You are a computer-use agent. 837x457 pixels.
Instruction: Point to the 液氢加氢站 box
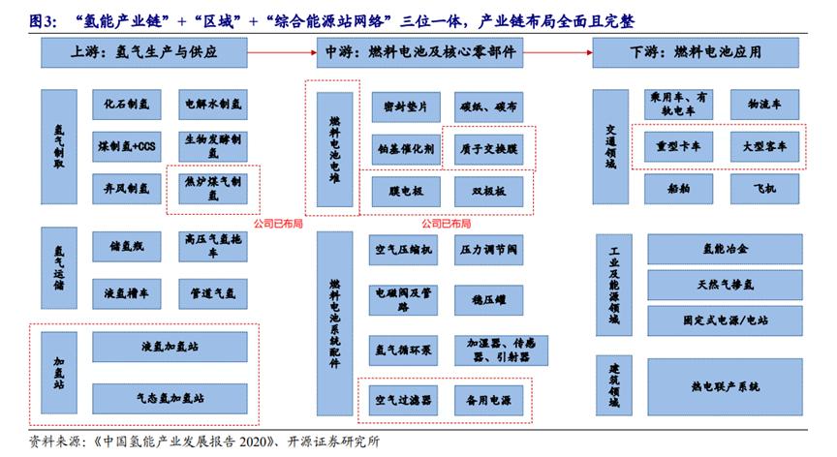pos(172,347)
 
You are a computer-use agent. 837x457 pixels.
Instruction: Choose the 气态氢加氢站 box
pos(172,397)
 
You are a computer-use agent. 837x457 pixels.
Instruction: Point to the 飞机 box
pos(764,188)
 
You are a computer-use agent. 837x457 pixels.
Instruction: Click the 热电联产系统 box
pos(721,385)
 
